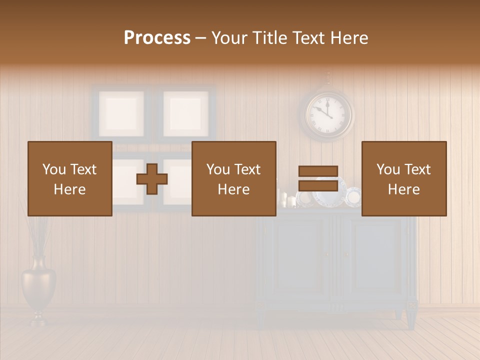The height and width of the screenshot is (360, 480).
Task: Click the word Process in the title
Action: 157,38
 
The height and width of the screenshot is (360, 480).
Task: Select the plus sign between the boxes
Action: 152,179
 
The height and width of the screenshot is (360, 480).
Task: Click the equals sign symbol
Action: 318,178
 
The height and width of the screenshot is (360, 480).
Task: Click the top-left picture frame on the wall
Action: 121,113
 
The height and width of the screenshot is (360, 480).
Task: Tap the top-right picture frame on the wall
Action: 185,113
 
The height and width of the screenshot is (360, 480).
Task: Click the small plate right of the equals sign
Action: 354,197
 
